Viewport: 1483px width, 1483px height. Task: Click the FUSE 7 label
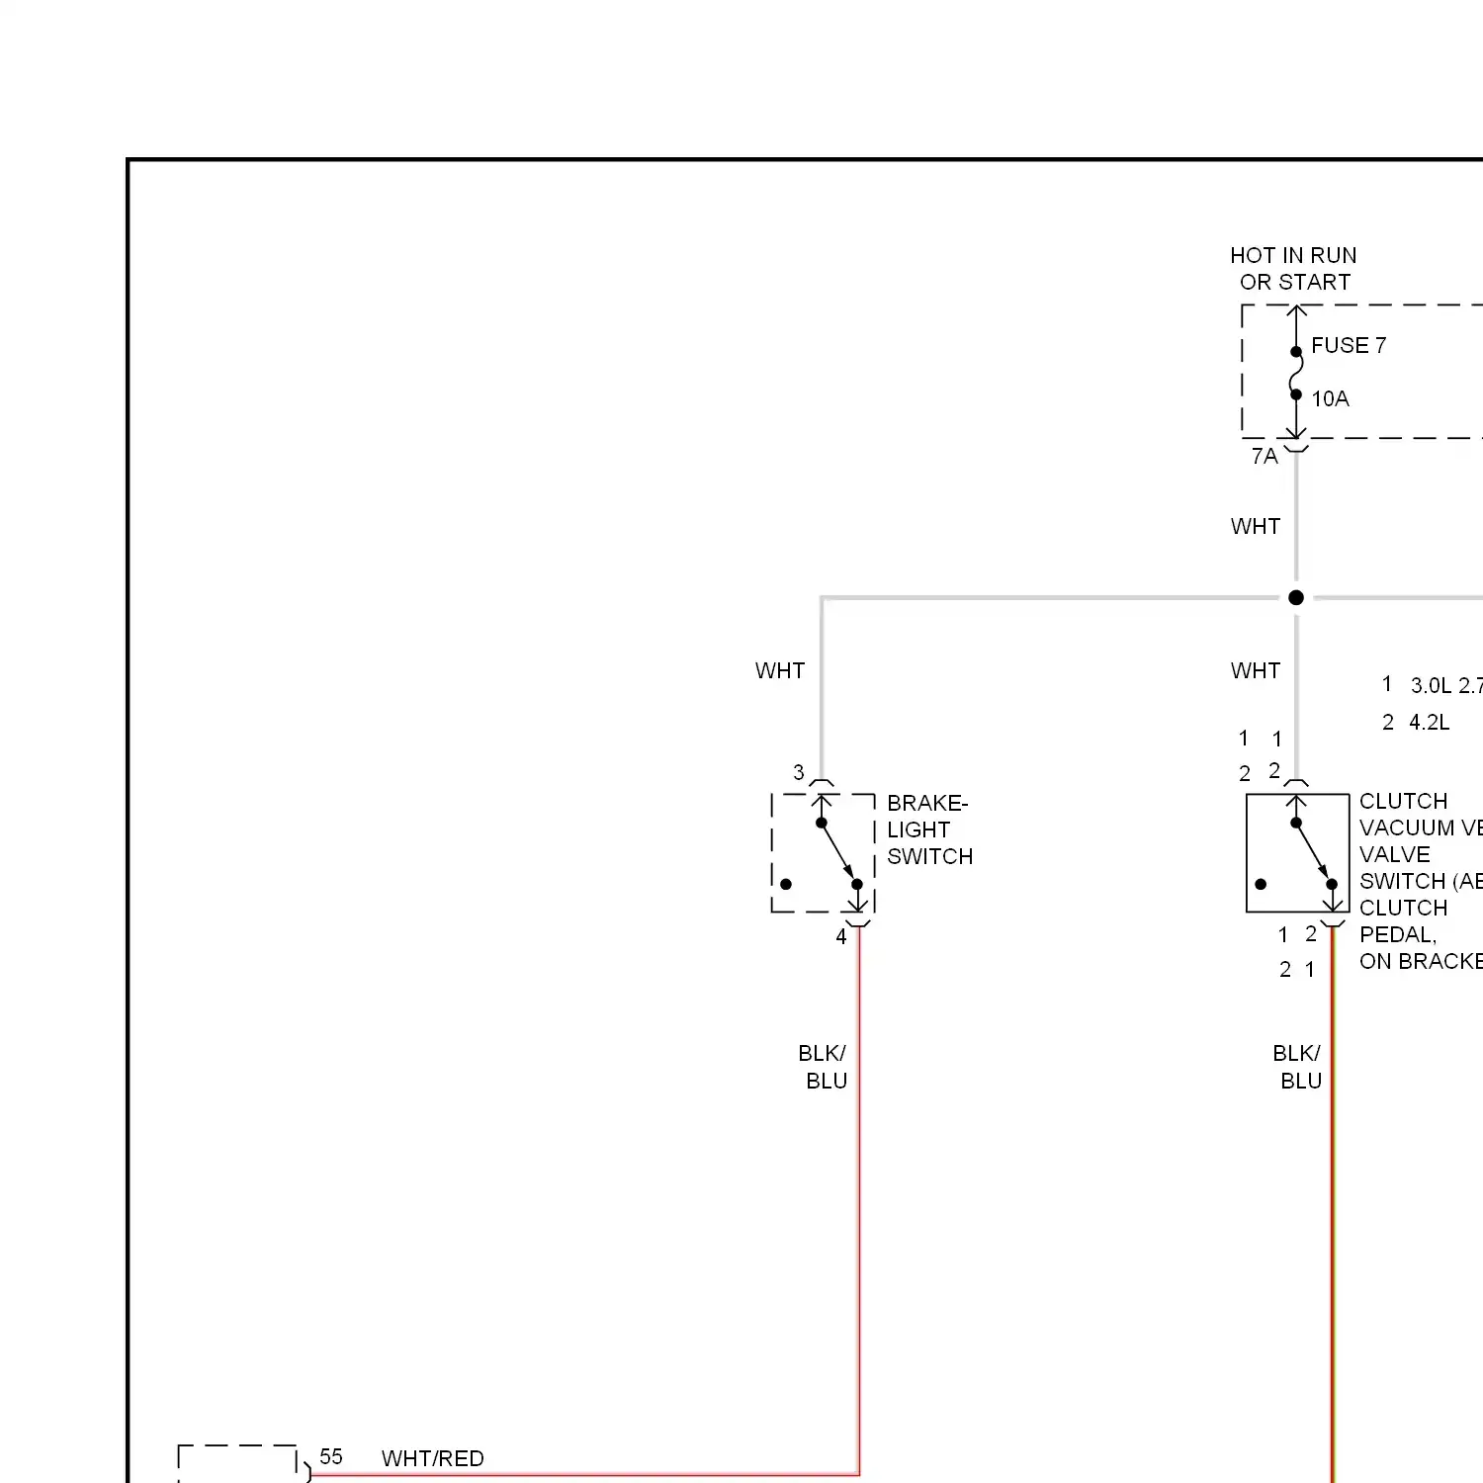[1348, 345]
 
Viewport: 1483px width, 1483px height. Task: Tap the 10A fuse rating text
[1330, 398]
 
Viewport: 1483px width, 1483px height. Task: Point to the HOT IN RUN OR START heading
[1293, 269]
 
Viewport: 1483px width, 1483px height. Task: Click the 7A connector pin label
[1265, 456]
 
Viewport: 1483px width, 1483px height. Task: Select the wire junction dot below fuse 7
[1296, 597]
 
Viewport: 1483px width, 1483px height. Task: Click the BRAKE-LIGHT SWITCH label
[928, 829]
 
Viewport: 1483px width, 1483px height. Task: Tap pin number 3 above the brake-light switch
[799, 772]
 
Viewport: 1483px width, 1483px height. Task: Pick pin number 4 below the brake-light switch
[841, 936]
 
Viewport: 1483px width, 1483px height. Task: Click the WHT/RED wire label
[432, 1458]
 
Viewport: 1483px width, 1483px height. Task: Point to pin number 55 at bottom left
[331, 1456]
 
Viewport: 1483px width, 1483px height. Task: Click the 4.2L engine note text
[1429, 722]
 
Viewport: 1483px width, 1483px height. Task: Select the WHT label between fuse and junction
[1256, 526]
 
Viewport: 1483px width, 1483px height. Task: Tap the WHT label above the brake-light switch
[780, 670]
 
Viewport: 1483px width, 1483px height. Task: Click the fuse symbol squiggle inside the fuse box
[1296, 373]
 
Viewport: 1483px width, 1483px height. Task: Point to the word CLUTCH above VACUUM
[1403, 801]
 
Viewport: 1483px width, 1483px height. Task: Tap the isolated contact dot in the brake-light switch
[786, 884]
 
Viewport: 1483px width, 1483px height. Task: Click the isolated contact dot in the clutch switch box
[1261, 884]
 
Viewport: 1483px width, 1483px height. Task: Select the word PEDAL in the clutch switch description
[1397, 934]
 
